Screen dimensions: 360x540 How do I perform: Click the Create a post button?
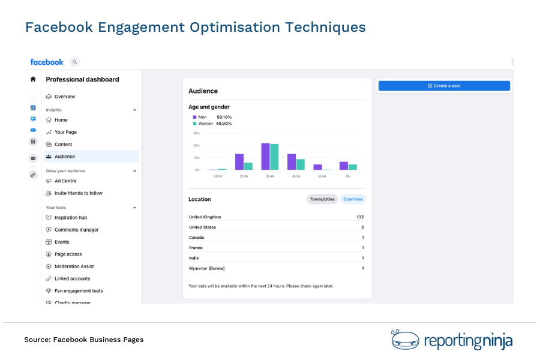444,86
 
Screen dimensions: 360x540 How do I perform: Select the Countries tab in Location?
353,199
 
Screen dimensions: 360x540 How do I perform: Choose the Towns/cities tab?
322,199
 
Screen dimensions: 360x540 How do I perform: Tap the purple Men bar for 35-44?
265,157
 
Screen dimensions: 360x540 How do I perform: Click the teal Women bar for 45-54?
301,164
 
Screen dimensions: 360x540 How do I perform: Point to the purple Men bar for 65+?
344,166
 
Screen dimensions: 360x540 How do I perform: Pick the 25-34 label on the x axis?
244,176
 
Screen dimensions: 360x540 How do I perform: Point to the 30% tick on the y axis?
196,133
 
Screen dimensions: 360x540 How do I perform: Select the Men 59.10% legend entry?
212,117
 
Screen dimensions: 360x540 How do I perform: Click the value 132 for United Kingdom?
360,217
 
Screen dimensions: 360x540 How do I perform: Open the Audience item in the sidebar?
65,157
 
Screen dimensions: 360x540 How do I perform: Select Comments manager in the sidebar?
76,230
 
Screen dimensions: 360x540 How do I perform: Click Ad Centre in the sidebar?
65,181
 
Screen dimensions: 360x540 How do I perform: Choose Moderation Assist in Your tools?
74,266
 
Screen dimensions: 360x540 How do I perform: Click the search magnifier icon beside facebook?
74,62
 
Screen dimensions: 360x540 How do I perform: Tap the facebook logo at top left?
47,62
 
